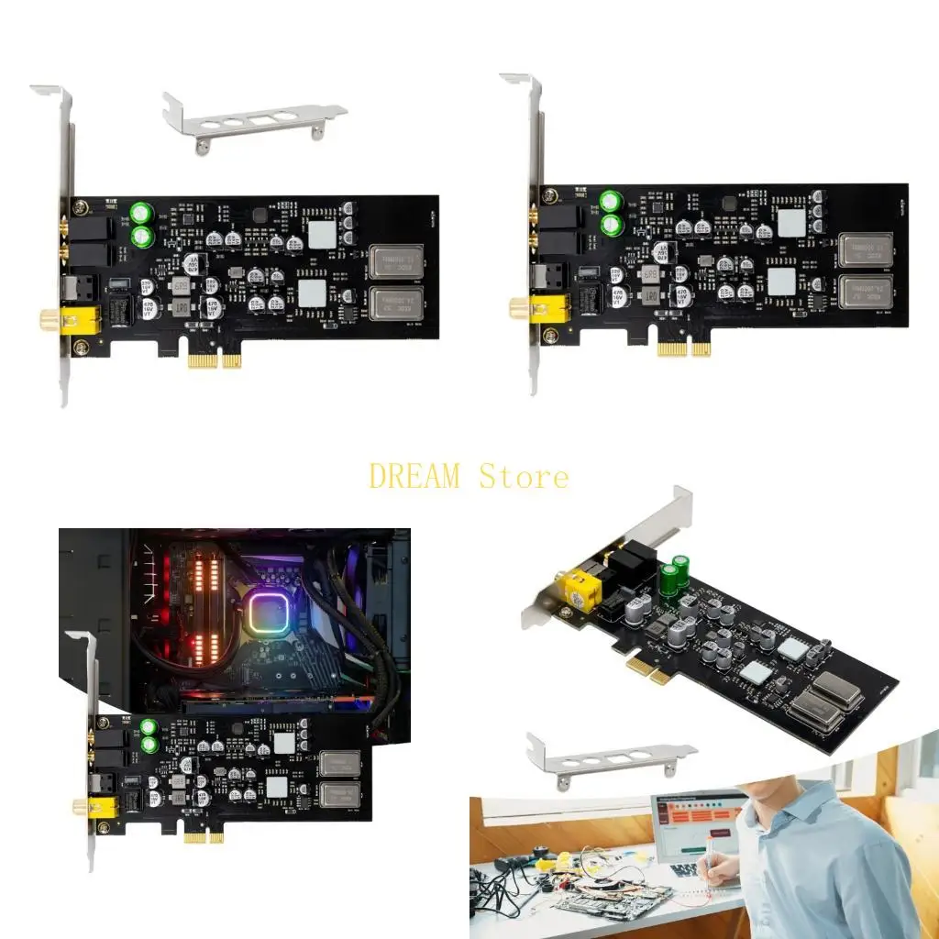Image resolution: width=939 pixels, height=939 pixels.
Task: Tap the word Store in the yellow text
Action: tap(524, 477)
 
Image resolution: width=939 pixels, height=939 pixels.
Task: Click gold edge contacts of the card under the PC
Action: tap(203, 836)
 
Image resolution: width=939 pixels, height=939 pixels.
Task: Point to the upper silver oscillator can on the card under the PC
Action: tap(339, 763)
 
